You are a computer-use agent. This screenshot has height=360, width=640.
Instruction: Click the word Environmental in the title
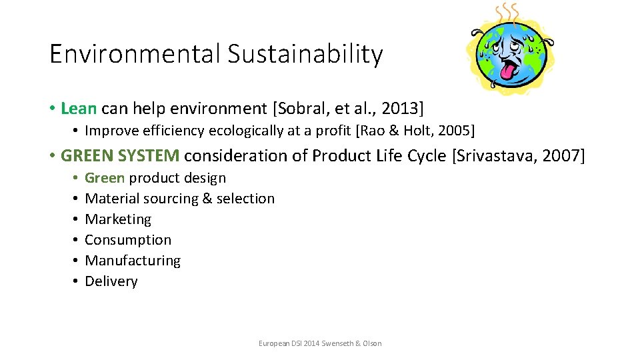tap(135, 54)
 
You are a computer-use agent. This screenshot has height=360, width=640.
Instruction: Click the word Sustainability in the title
tap(305, 54)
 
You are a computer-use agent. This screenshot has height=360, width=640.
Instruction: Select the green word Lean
tap(79, 108)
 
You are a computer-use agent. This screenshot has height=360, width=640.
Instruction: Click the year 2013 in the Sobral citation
tap(399, 108)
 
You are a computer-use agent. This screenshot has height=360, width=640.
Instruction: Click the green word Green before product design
tap(105, 178)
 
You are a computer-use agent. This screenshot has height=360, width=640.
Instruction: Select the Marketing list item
tap(118, 219)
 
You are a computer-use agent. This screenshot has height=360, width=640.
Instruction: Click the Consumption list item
tap(128, 240)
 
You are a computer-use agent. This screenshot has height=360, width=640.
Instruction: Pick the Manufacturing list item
tap(133, 261)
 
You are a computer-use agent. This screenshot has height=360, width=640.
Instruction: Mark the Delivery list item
tap(111, 281)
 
